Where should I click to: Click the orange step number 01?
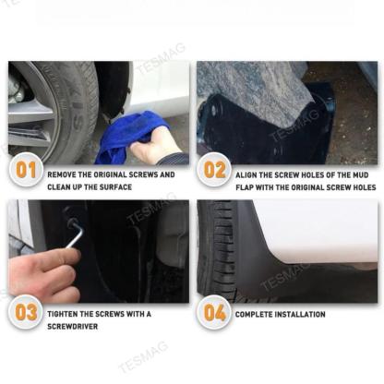26,170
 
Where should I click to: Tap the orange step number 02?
214,170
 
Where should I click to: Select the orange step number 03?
26,313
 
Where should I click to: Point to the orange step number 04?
214,313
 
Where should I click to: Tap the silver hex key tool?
76,234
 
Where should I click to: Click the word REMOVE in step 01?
61,174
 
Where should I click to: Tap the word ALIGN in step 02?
246,175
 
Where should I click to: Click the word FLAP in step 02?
245,187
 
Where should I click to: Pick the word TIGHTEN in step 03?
63,314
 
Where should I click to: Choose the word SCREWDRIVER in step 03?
73,327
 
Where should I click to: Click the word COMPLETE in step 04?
254,315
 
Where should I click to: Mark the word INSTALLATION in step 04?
300,315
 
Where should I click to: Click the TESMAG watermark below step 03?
143,356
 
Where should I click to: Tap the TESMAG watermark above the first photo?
161,58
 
